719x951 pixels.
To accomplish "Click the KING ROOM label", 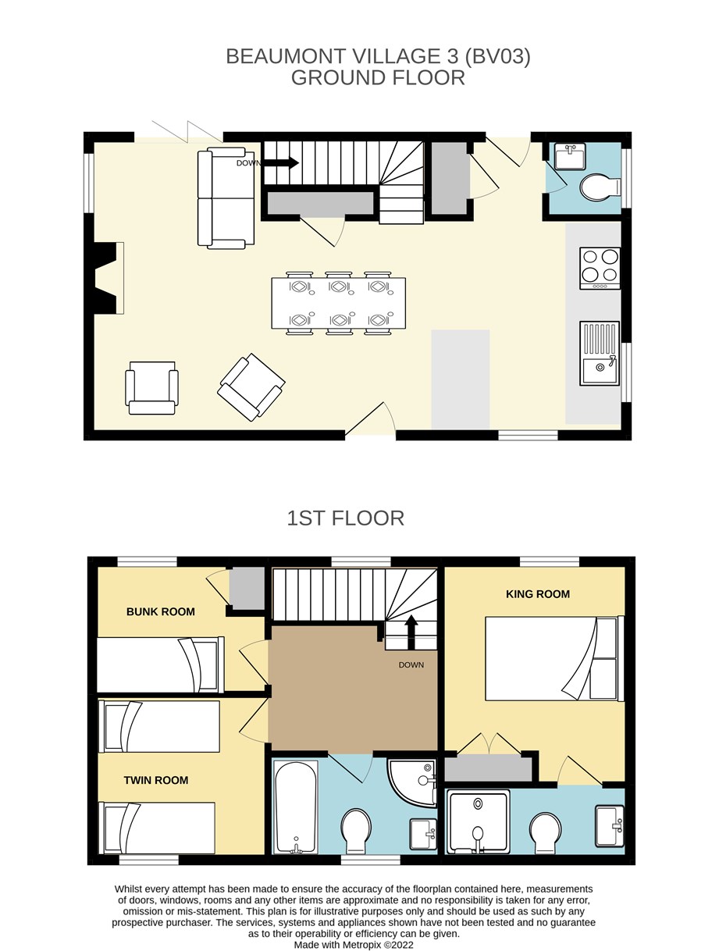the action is [x=538, y=594].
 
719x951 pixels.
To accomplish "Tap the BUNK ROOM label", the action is [x=160, y=612].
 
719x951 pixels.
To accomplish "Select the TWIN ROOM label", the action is [x=156, y=780].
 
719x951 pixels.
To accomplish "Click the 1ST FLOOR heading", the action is [x=346, y=518].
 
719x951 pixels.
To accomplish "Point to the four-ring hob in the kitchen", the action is [x=600, y=268].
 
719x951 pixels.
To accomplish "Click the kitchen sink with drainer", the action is [x=600, y=353].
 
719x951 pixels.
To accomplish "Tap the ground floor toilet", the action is [x=600, y=187].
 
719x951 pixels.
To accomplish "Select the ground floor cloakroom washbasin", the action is [x=570, y=156].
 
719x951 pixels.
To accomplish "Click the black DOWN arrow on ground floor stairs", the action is [x=281, y=163].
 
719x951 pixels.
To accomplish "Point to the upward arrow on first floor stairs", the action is [x=411, y=632].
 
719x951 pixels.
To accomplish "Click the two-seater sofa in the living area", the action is [x=226, y=198].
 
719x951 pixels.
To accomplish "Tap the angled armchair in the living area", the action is [x=251, y=387].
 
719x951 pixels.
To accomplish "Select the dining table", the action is [x=338, y=303].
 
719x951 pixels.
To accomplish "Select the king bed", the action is [x=554, y=658].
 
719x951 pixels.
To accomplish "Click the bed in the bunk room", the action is [x=160, y=664].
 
